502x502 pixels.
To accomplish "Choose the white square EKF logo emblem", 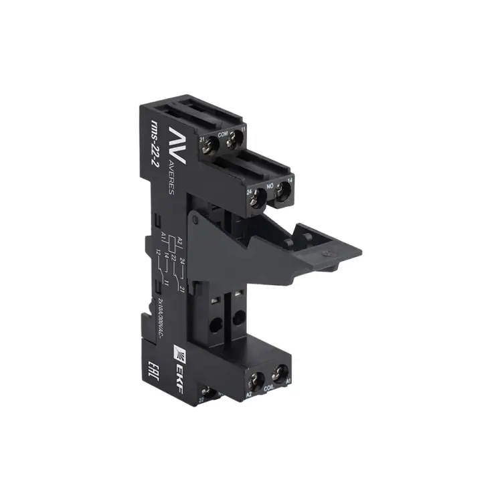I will pyautogui.click(x=178, y=347).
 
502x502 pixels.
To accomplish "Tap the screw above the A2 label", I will pyautogui.click(x=256, y=383).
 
